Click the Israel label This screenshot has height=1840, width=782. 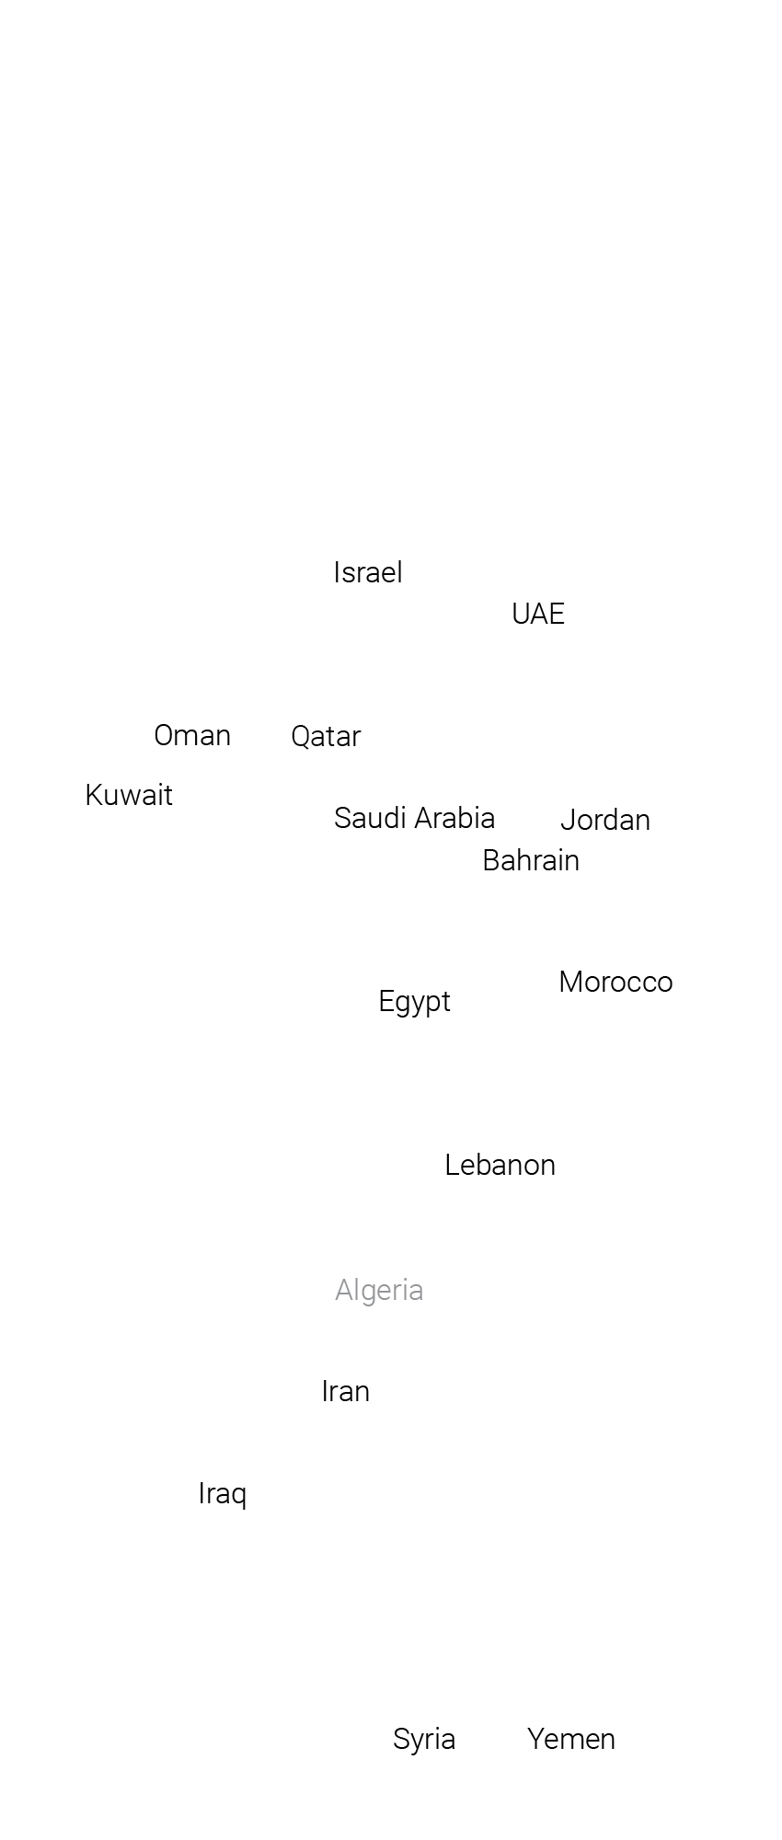(x=368, y=572)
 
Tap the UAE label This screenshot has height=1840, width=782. (x=538, y=614)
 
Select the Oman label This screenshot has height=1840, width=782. (x=192, y=735)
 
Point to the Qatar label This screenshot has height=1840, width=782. (x=326, y=736)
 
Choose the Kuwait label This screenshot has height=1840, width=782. (x=129, y=795)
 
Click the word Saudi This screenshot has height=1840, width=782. (x=365, y=818)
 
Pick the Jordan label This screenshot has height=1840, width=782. (x=605, y=820)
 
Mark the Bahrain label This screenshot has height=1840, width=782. (x=531, y=860)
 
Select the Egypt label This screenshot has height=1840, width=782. (x=414, y=1001)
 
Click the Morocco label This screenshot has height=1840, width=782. (x=615, y=982)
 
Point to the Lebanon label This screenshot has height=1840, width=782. (x=500, y=1165)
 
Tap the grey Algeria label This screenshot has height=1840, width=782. (x=379, y=1290)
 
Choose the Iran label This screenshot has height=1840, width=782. (x=346, y=1391)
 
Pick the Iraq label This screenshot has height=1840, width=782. (x=223, y=1493)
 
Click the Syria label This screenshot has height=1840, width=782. (x=424, y=1739)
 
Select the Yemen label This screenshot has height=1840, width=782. (x=571, y=1739)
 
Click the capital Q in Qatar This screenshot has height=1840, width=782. (x=301, y=737)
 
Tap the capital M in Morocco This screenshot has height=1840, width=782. (x=570, y=982)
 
